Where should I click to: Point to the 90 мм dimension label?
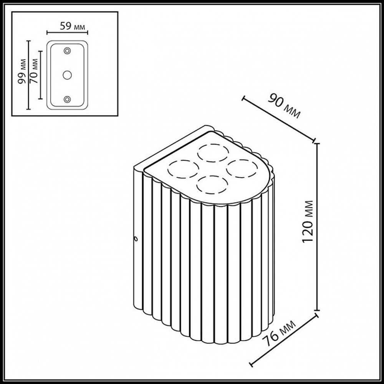(x=284, y=105)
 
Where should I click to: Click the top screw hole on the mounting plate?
(x=68, y=50)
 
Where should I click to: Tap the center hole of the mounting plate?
(x=68, y=75)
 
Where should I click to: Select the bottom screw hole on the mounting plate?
(x=68, y=99)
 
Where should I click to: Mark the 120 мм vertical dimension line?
(x=317, y=227)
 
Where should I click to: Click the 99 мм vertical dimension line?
(x=28, y=75)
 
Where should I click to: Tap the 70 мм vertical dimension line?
(x=39, y=75)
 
